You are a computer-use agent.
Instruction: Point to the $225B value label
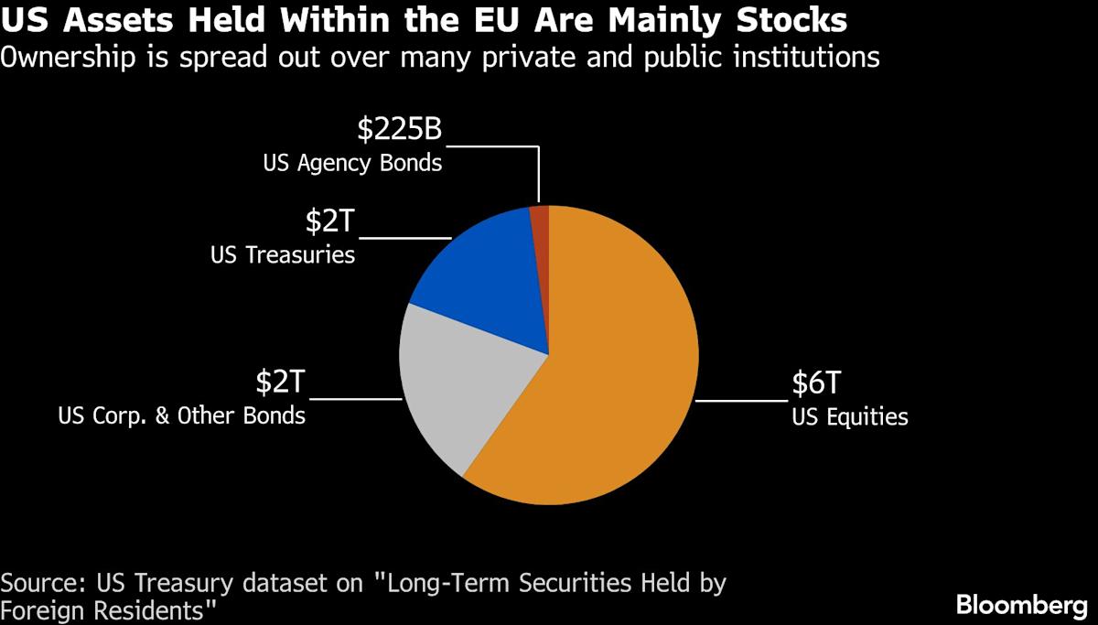point(400,130)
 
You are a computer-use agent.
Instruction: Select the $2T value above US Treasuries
point(329,222)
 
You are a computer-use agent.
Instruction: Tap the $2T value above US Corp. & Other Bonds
point(280,383)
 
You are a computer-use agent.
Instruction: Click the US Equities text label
point(850,417)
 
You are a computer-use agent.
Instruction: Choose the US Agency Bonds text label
point(352,165)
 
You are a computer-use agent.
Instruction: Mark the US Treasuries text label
point(282,254)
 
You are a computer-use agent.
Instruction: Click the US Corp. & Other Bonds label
point(181,415)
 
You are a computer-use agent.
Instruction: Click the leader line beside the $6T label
point(744,401)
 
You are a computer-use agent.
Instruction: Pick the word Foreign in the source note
point(46,609)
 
